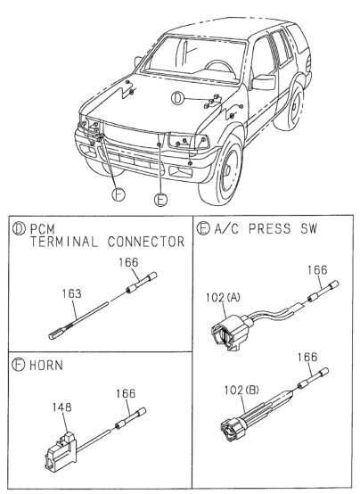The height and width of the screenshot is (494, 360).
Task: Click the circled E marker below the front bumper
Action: pos(160,200)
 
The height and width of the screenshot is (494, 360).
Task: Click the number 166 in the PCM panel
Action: pos(129,261)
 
